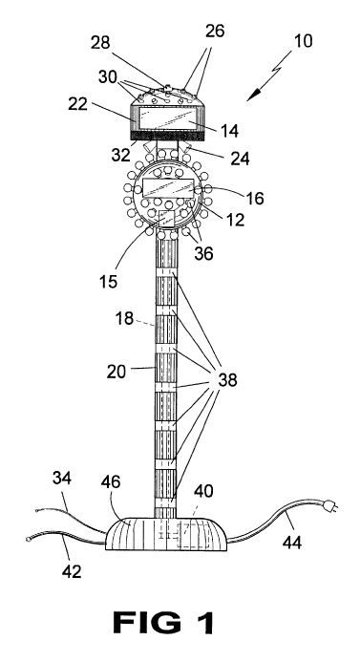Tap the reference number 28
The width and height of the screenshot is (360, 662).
click(x=100, y=43)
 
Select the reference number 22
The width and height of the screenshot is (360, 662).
click(x=77, y=104)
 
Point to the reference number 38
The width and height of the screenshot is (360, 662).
click(x=227, y=380)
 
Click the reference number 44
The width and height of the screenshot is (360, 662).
click(x=292, y=542)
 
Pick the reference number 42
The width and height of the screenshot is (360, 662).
click(x=72, y=571)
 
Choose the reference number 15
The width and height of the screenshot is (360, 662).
click(x=109, y=281)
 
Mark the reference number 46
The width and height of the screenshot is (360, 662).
click(x=111, y=481)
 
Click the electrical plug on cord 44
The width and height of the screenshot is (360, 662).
click(x=330, y=504)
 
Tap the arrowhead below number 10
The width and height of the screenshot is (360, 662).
click(x=251, y=96)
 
